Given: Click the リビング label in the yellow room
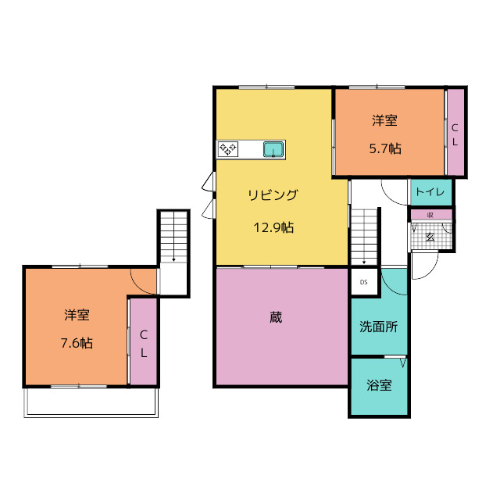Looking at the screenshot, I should click(x=273, y=195).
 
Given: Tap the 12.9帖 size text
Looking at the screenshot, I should click(x=273, y=228).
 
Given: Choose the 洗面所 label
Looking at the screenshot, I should click(x=378, y=327).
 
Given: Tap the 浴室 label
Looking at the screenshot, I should click(x=379, y=385).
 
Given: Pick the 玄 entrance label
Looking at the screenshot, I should click(x=430, y=237).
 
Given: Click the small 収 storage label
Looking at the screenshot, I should click(x=430, y=215).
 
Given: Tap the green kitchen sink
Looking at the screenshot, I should click(x=273, y=148).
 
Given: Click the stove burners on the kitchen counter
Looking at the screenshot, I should click(x=228, y=148).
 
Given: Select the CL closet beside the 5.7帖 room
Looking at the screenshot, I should click(x=455, y=133).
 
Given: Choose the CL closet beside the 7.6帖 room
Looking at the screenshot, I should click(x=143, y=343).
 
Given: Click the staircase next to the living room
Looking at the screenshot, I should click(x=363, y=234).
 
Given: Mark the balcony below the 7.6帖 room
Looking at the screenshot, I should click(x=91, y=402).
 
